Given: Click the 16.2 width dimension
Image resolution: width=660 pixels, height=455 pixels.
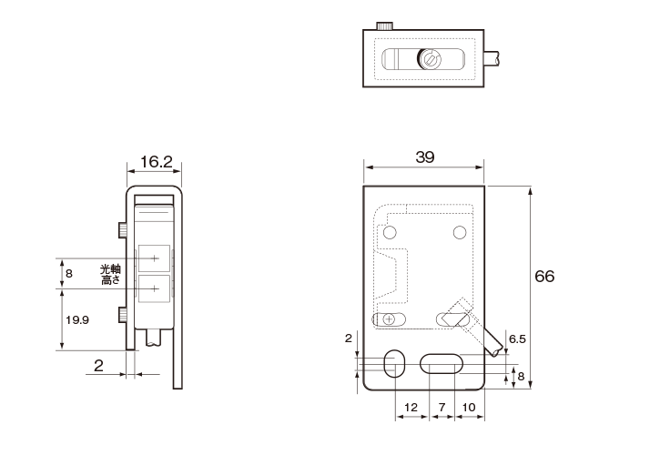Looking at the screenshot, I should pos(156,162).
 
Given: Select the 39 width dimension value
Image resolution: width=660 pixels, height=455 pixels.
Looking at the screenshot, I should pos(424,157).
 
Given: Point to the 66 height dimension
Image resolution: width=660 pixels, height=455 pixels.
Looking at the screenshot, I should pos(544,277).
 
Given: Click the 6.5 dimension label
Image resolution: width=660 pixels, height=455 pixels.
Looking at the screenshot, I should pos(517,339).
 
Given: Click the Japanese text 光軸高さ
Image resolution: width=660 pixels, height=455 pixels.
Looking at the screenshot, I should pos(109,275).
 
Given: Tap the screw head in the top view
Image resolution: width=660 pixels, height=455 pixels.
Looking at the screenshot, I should pos(431,60).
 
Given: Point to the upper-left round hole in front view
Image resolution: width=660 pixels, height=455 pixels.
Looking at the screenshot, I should pos(391,234).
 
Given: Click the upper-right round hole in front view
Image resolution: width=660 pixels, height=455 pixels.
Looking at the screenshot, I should pos(461,233).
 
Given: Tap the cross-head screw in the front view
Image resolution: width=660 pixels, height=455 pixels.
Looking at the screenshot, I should pos(390,319).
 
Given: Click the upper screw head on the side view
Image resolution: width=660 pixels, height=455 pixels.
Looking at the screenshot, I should pos(121,227).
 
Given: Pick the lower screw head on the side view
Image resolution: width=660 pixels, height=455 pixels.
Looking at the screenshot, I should pos(121,316).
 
